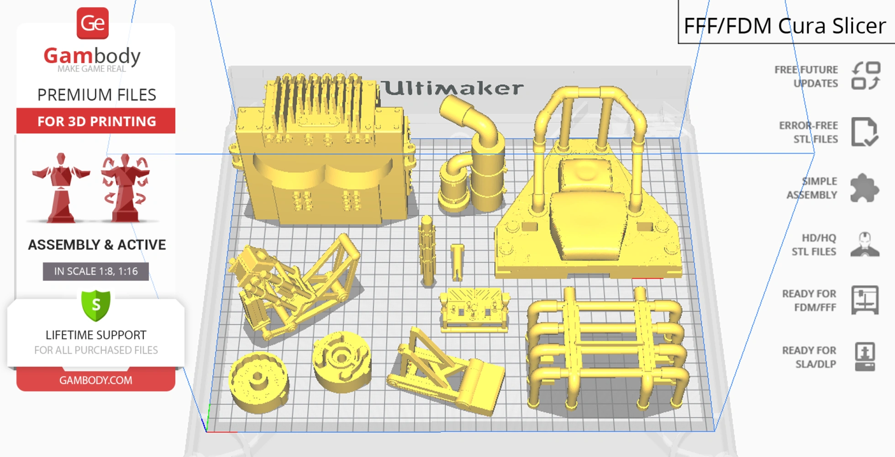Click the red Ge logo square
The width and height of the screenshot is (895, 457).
pyautogui.click(x=93, y=23)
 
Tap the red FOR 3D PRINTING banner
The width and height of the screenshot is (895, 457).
pyautogui.click(x=96, y=121)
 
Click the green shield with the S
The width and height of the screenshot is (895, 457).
pyautogui.click(x=96, y=305)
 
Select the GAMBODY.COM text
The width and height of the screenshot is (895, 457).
pyautogui.click(x=96, y=380)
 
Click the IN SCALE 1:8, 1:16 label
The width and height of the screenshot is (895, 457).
pyautogui.click(x=96, y=271)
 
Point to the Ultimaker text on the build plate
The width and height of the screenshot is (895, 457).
pyautogui.click(x=452, y=88)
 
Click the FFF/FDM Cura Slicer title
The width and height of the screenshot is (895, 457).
pyautogui.click(x=784, y=26)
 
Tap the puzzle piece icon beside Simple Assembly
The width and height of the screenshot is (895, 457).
pyautogui.click(x=864, y=187)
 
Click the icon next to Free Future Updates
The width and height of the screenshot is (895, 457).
pyautogui.click(x=866, y=76)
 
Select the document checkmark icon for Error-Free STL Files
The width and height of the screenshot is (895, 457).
pyautogui.click(x=864, y=132)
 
